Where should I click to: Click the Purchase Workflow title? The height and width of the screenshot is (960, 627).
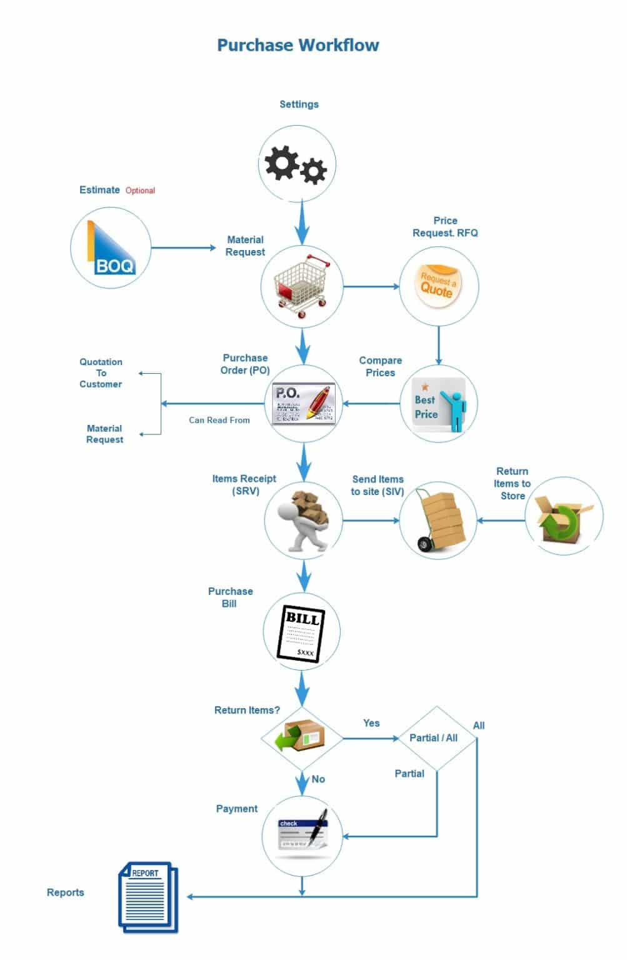click(x=298, y=45)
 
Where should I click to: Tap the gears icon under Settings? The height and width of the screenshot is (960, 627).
click(x=296, y=164)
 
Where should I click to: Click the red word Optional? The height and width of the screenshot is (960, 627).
click(x=140, y=190)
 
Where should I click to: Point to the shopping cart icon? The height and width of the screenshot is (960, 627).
click(x=302, y=286)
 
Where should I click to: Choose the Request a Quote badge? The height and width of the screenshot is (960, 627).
click(x=438, y=286)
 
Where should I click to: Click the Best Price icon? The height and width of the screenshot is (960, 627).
click(x=439, y=404)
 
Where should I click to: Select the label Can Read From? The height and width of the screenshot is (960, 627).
click(x=219, y=420)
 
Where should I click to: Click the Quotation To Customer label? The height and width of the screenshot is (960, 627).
click(x=101, y=373)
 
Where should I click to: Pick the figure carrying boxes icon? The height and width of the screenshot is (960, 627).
click(x=303, y=521)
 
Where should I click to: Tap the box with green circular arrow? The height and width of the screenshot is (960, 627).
click(x=563, y=519)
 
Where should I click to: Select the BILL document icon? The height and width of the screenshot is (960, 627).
click(x=301, y=633)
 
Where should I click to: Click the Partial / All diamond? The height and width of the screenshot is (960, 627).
click(x=437, y=738)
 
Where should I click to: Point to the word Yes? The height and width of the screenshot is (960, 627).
click(x=371, y=723)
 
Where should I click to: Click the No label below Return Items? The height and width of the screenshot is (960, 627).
click(x=318, y=779)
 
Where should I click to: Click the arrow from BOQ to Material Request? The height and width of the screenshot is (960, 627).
click(x=183, y=247)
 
